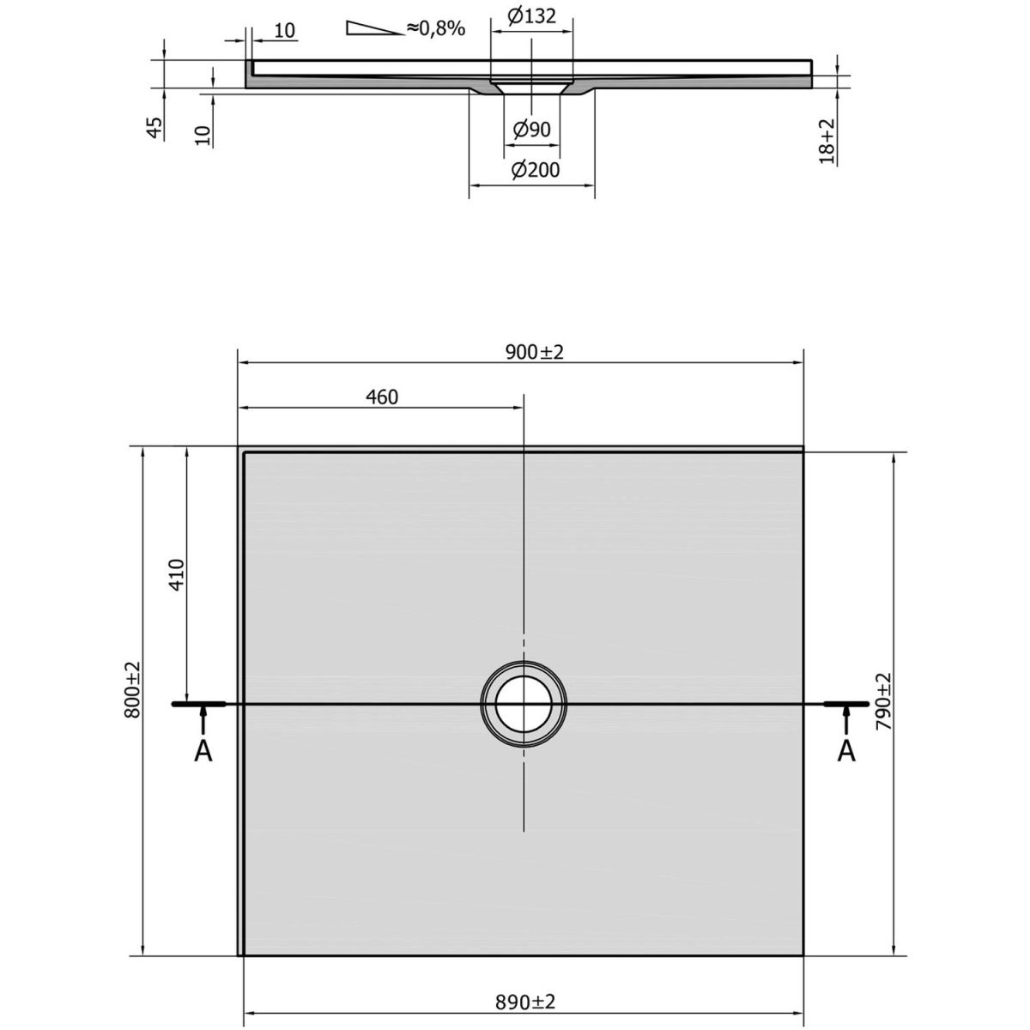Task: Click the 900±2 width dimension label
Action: [534, 352]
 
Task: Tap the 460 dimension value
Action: [382, 397]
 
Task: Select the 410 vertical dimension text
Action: [177, 574]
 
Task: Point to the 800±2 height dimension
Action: [132, 689]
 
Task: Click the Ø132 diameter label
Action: [532, 16]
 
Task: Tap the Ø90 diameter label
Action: [531, 129]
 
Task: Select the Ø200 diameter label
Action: [535, 170]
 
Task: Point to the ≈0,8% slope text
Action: [436, 27]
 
